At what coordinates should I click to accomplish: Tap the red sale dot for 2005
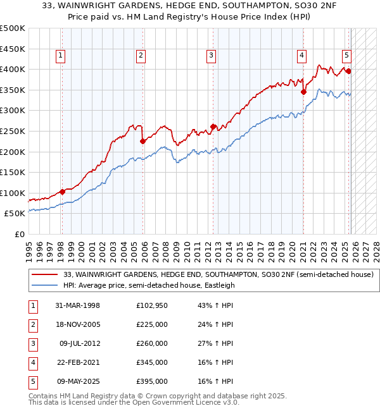point(142,142)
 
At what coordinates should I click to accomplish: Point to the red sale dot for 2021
point(303,92)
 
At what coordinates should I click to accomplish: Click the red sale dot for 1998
point(62,192)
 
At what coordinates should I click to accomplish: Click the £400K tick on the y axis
point(13,69)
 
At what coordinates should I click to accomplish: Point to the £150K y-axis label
point(13,172)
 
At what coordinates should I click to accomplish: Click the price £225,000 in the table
point(152,324)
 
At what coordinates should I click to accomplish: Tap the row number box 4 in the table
point(32,362)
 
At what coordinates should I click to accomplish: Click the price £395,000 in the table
point(152,381)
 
